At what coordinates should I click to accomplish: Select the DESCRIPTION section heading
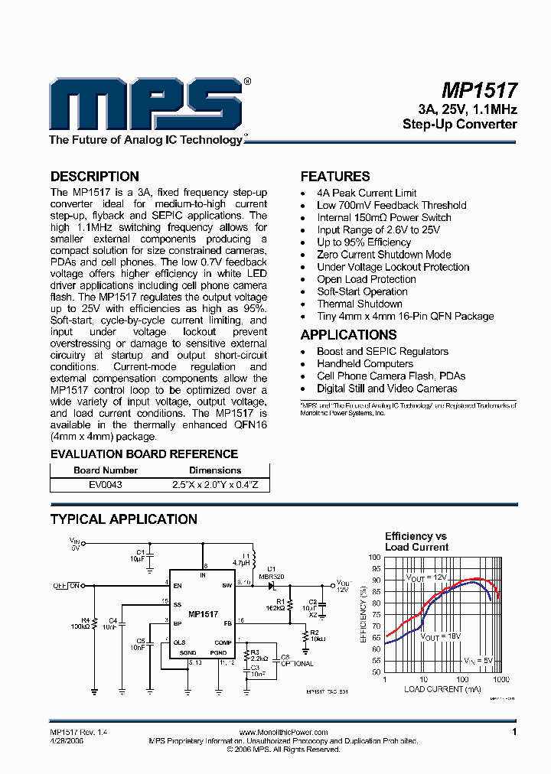click(94, 177)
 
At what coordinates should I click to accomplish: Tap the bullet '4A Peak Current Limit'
click(367, 193)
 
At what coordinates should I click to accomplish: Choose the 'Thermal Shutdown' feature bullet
click(359, 304)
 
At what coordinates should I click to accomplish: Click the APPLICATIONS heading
click(348, 335)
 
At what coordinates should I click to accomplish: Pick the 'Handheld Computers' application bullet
click(365, 363)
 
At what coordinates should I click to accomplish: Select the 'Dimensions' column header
click(215, 470)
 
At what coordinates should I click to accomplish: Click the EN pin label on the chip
click(178, 586)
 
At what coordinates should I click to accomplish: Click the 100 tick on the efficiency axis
click(374, 558)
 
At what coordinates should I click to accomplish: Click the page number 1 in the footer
click(515, 733)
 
